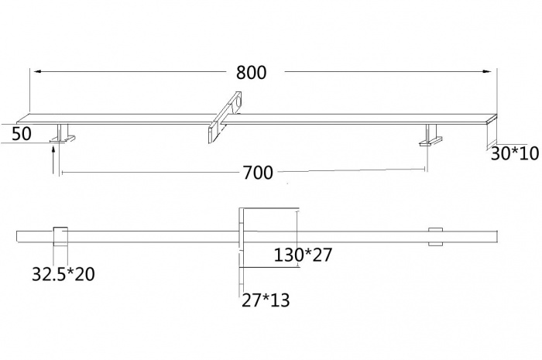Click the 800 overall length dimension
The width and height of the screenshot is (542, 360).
click(251, 73)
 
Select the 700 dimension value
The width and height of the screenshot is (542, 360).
click(258, 173)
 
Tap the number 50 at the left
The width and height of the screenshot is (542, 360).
click(21, 134)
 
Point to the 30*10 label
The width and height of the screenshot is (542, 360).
click(514, 154)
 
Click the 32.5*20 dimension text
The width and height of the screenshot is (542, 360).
click(63, 273)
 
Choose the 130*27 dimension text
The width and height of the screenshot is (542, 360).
click(303, 255)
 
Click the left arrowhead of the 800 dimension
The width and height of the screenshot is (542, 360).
click(36, 71)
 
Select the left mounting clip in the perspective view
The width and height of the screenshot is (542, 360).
click(63, 136)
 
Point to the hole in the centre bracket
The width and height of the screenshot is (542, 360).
click(238, 101)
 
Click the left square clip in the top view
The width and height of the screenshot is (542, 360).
click(60, 235)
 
